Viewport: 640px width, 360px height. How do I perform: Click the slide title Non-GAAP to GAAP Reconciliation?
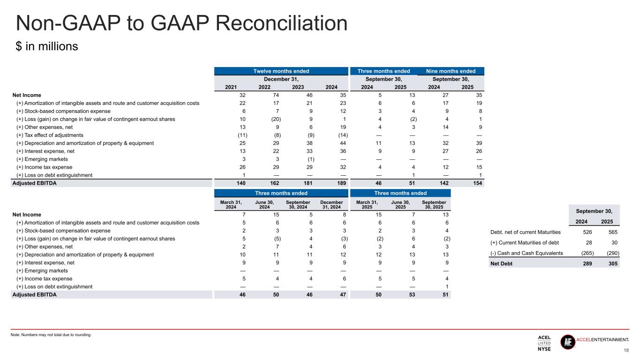click(x=181, y=24)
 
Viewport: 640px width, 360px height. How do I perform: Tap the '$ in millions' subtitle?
click(x=46, y=47)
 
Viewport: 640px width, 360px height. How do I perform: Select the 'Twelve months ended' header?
click(x=282, y=71)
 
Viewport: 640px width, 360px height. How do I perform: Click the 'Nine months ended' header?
click(x=451, y=71)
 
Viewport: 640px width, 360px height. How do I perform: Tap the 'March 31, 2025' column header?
click(x=366, y=205)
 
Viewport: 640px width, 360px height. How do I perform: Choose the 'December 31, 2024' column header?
click(x=332, y=205)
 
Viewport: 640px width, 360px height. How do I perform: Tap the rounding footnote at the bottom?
click(x=51, y=335)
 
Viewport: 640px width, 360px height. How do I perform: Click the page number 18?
click(x=626, y=351)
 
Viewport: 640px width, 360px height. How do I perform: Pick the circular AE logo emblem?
click(x=568, y=342)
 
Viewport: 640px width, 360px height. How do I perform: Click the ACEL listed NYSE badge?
click(x=544, y=343)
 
